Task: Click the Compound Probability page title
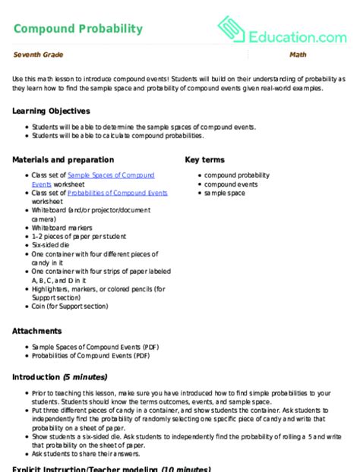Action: click(77, 29)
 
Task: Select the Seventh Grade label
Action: click(37, 55)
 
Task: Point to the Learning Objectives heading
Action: click(51, 111)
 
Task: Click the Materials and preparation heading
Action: click(63, 160)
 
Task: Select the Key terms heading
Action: click(205, 160)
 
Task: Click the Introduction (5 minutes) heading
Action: click(60, 378)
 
